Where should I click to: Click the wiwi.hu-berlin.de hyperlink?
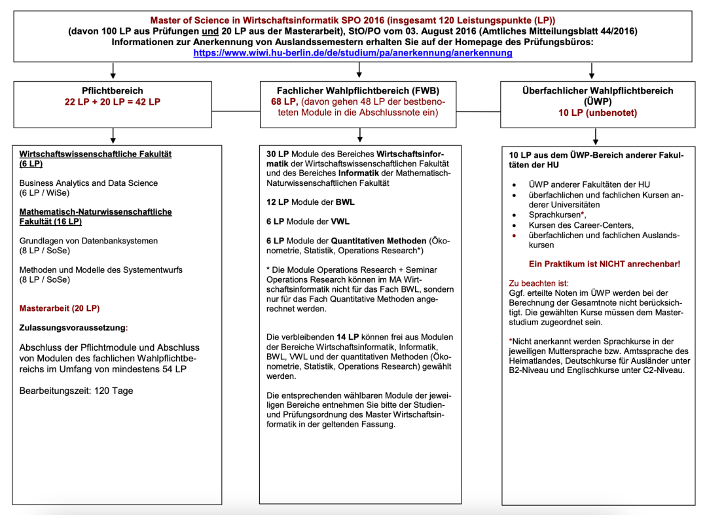(x=353, y=53)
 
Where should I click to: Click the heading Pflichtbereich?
(x=113, y=91)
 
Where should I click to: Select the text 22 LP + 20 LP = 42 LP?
(x=113, y=102)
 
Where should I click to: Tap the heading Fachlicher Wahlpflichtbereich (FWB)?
(x=359, y=91)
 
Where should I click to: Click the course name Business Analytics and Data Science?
(x=88, y=183)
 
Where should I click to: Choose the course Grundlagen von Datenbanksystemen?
(x=88, y=241)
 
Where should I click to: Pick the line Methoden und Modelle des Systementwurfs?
(x=101, y=270)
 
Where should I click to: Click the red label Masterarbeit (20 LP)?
(x=60, y=308)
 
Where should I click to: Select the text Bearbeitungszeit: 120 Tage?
(x=76, y=391)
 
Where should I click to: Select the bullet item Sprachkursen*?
(x=556, y=215)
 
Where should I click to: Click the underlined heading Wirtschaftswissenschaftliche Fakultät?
(x=96, y=154)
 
